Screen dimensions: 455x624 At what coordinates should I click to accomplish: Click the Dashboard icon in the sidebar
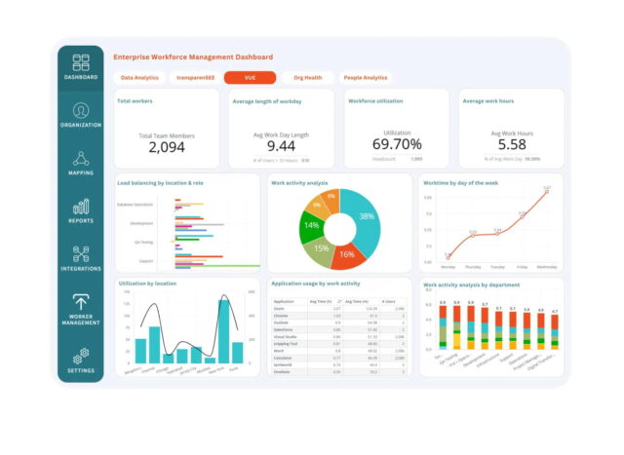click(x=80, y=62)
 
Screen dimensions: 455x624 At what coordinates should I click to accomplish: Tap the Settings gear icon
click(x=80, y=355)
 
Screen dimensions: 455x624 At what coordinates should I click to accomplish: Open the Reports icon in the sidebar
click(x=80, y=207)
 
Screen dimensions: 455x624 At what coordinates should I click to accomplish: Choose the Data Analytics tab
click(x=140, y=77)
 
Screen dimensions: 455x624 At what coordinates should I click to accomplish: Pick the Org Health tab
click(x=308, y=77)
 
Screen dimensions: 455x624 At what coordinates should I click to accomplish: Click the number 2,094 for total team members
click(x=167, y=147)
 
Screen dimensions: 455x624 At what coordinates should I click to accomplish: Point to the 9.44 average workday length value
click(x=281, y=145)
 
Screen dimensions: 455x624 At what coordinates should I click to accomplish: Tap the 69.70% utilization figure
click(x=396, y=144)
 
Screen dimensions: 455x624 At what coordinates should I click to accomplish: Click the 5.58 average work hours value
click(x=512, y=144)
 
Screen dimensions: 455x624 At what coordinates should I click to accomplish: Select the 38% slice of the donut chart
click(x=366, y=217)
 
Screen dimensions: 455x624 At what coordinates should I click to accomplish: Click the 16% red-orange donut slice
click(x=345, y=252)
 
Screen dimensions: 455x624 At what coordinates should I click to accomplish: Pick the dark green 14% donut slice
click(x=312, y=225)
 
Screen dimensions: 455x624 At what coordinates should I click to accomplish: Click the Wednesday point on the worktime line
click(x=547, y=192)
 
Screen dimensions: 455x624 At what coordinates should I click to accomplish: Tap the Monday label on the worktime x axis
click(x=448, y=266)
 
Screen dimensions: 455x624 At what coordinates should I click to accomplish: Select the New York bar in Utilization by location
click(x=224, y=332)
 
